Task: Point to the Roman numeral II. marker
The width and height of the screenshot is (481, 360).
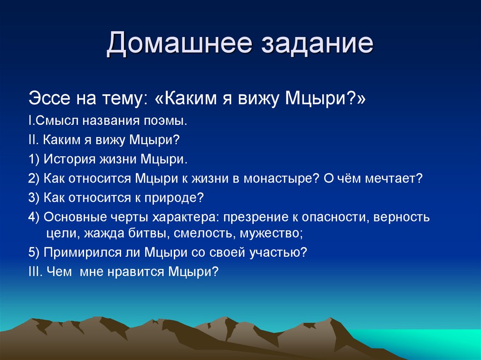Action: [34, 140]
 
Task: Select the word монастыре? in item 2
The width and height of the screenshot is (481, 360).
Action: [279, 178]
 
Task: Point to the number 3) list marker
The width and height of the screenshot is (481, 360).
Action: [34, 198]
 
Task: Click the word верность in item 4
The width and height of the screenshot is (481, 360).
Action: [404, 217]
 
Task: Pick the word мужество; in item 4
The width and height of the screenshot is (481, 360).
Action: [272, 233]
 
